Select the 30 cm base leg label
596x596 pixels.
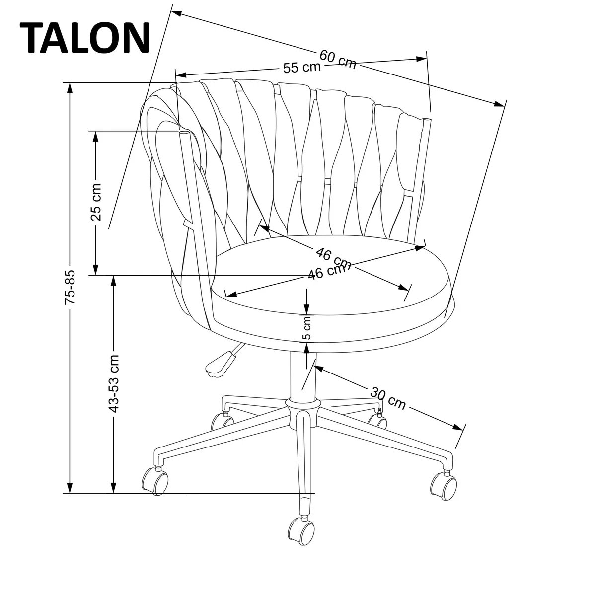tap(388, 397)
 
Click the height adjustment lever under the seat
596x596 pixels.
tap(219, 363)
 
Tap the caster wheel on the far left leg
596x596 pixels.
tap(155, 480)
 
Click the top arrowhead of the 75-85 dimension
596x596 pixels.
tap(70, 88)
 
